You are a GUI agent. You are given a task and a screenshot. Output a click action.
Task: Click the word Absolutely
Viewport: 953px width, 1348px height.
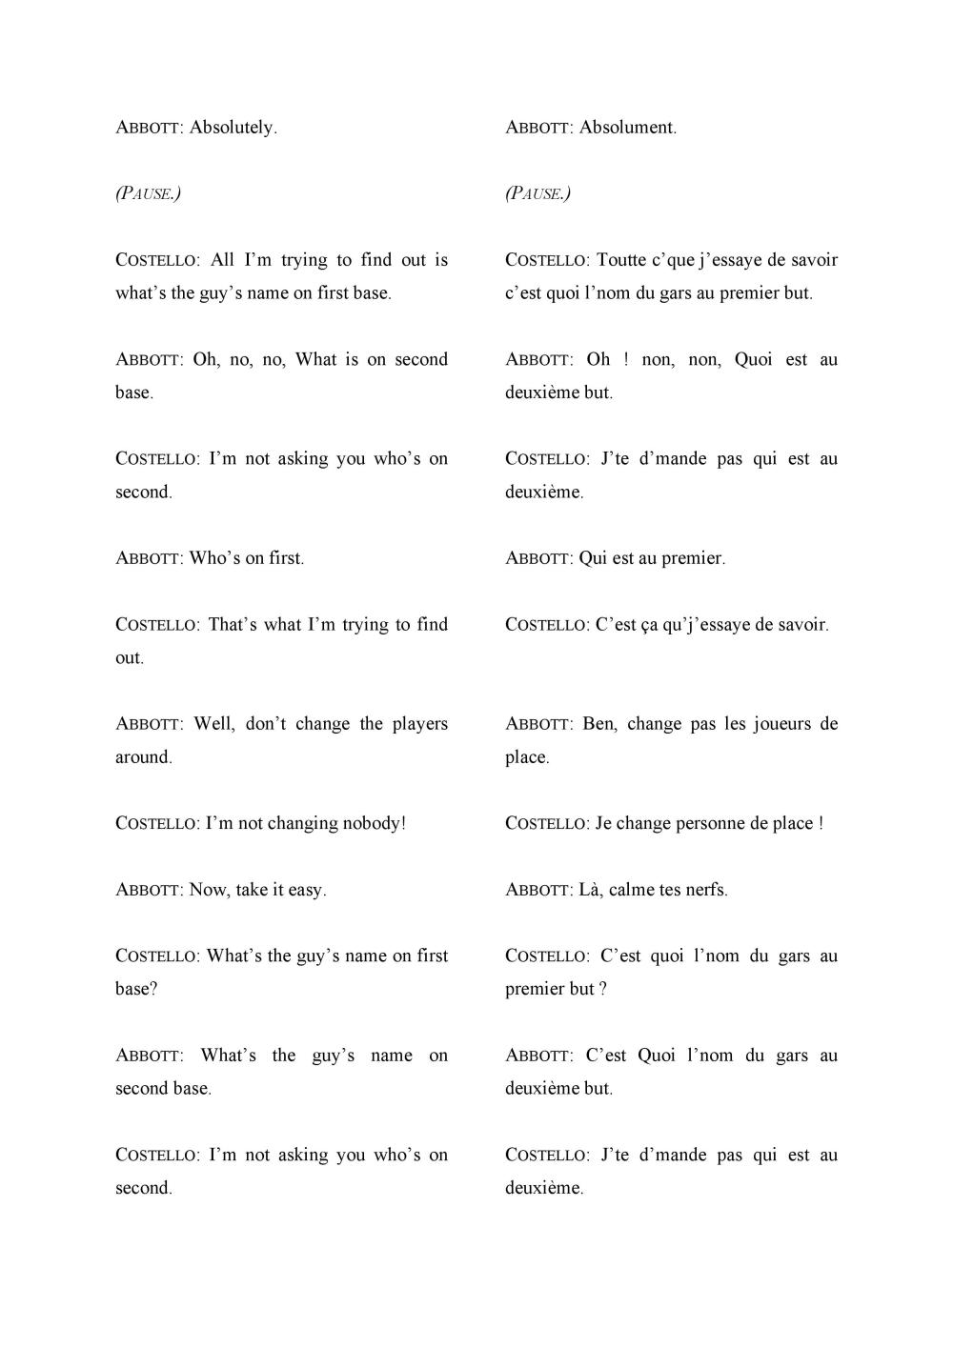233,128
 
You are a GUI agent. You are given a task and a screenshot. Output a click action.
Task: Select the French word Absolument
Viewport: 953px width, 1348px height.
628,128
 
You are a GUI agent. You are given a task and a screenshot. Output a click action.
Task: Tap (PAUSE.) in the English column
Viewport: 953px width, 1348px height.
149,193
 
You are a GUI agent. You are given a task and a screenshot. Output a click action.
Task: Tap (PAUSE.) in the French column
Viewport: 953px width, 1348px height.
538,193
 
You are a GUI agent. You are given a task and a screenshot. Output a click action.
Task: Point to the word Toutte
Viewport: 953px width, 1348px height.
621,260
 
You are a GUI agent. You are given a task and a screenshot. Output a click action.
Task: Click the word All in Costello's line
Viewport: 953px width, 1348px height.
222,260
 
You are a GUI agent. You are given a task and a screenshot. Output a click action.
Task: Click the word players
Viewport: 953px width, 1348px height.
419,724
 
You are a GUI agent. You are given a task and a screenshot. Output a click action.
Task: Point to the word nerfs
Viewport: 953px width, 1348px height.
706,890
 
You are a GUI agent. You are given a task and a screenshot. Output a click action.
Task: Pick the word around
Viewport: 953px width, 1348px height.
144,757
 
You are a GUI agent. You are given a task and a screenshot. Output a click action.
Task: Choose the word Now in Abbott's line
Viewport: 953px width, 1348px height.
209,890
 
